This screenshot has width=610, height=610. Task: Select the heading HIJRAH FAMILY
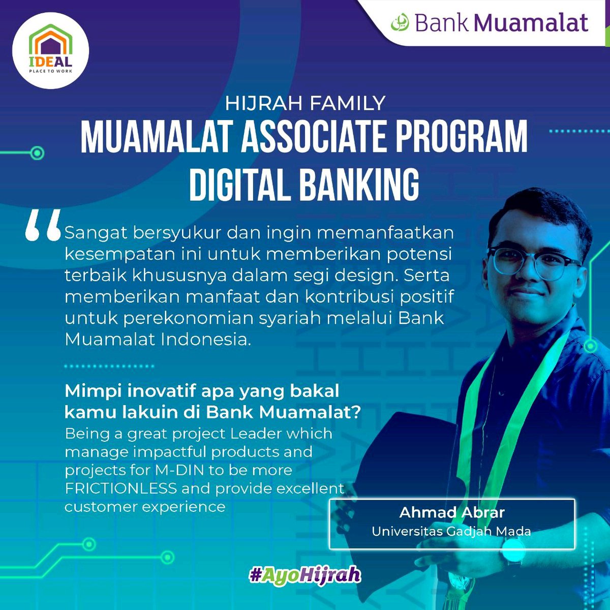(305, 103)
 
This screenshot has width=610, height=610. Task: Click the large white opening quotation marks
(43, 225)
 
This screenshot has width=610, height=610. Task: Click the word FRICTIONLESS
(120, 489)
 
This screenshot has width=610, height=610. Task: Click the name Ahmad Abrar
(452, 512)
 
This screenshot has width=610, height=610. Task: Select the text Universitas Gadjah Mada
(451, 532)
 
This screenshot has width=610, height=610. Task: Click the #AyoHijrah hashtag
(305, 575)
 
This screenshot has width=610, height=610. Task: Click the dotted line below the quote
(109, 365)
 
